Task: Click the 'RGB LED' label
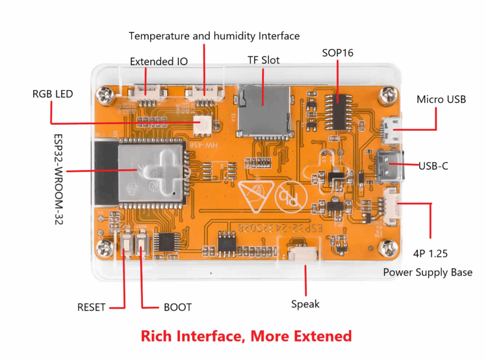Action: click(x=52, y=93)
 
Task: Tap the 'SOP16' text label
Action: click(x=338, y=52)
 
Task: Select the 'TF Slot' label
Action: click(x=263, y=60)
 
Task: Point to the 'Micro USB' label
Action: click(x=441, y=99)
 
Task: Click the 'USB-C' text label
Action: click(x=434, y=166)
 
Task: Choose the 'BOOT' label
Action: click(x=177, y=307)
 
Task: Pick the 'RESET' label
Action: click(x=91, y=307)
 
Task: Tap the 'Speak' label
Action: click(x=305, y=304)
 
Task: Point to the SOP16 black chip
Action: click(x=339, y=109)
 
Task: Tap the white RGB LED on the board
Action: click(x=201, y=124)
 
